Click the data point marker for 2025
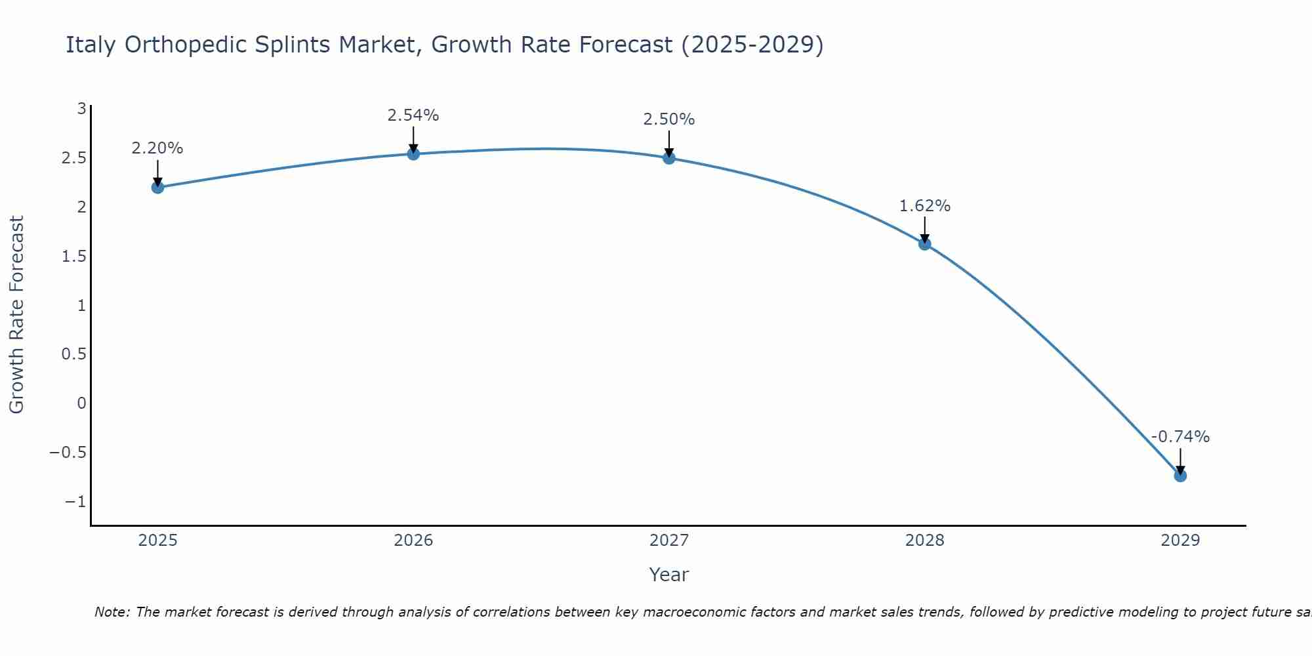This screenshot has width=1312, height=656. click(x=157, y=188)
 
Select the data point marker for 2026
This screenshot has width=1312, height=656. click(x=413, y=154)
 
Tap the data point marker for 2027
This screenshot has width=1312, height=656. click(x=669, y=158)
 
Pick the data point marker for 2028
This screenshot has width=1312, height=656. click(x=925, y=244)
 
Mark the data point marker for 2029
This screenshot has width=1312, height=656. click(x=1180, y=476)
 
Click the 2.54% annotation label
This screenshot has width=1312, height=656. click(x=413, y=115)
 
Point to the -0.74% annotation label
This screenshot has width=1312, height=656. click(x=1180, y=437)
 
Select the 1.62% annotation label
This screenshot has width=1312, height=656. click(x=925, y=206)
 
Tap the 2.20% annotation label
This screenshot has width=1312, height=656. click(x=157, y=148)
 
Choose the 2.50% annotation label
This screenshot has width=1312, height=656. click(x=669, y=119)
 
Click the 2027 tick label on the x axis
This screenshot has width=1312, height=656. click(x=669, y=541)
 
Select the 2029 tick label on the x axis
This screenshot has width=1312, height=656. click(x=1180, y=541)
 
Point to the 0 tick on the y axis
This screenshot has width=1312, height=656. click(x=81, y=403)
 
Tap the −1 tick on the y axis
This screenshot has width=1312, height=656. click(x=75, y=502)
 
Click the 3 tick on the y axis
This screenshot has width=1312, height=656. click(x=81, y=109)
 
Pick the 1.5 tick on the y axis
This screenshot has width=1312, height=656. click(x=74, y=256)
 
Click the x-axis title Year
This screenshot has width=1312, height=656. click(x=669, y=575)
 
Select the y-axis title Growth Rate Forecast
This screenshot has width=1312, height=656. click(x=17, y=315)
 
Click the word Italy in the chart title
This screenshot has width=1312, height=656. click(x=91, y=45)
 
